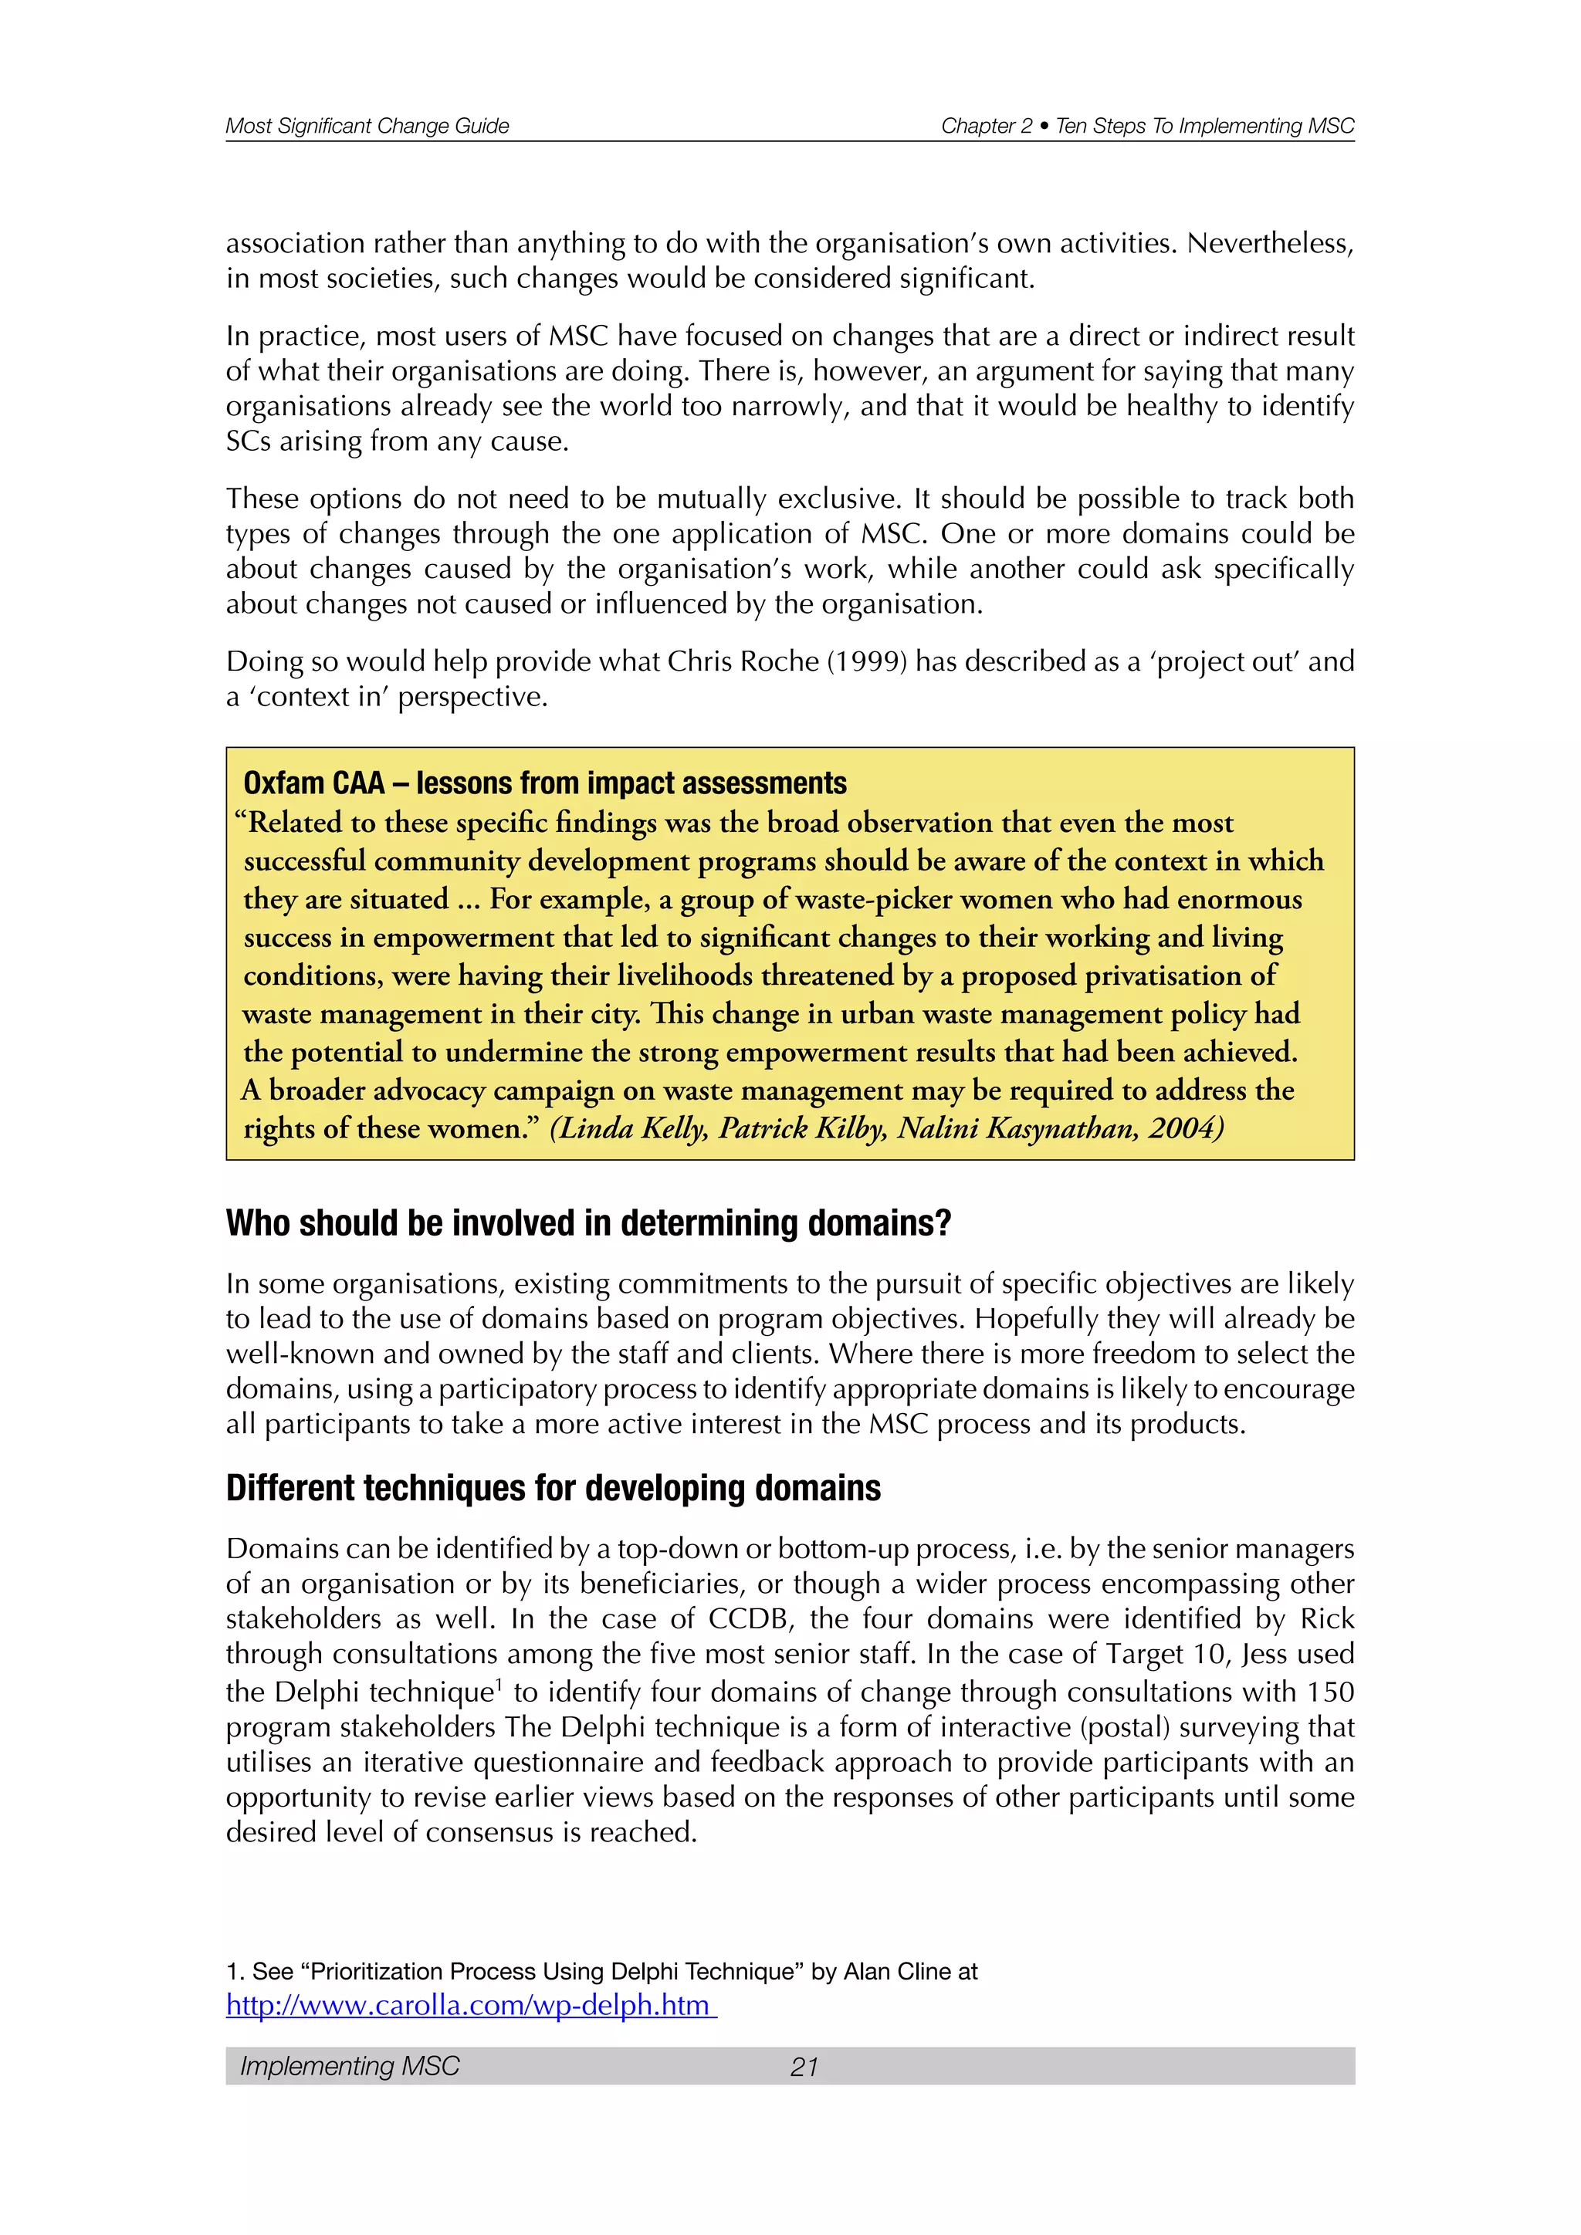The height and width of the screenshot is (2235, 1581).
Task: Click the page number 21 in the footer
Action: click(804, 2067)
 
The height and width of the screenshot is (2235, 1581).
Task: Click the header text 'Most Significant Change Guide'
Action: click(367, 126)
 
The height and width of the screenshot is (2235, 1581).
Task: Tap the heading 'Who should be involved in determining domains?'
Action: click(588, 1222)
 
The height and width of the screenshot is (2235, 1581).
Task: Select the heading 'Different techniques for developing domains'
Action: click(553, 1489)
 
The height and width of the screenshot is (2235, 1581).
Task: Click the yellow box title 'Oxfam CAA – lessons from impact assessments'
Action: click(544, 783)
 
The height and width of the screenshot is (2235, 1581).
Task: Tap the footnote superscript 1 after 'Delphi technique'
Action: click(499, 1685)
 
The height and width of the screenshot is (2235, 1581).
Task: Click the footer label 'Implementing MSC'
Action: click(350, 2067)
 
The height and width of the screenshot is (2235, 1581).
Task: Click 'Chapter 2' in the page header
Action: click(986, 126)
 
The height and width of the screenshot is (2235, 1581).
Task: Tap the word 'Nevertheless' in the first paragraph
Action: click(1268, 243)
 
